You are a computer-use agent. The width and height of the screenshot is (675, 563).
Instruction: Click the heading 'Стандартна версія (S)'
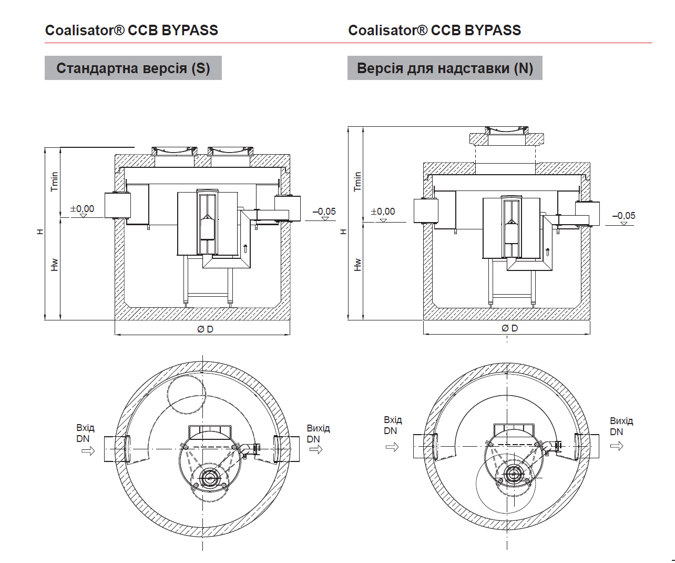point(133,68)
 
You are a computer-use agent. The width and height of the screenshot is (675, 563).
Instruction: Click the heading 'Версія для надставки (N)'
point(445,68)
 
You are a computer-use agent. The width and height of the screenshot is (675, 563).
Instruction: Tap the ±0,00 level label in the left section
point(83,209)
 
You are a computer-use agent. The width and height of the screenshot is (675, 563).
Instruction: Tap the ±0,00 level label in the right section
point(383,212)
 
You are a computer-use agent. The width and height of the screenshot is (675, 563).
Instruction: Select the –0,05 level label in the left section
point(324,212)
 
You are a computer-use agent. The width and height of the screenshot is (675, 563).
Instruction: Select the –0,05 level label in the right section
point(623,216)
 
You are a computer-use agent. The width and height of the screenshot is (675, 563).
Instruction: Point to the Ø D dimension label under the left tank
point(205,329)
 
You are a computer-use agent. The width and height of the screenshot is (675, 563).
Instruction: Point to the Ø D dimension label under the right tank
point(509,328)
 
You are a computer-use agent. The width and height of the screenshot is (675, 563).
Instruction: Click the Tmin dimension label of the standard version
point(55,182)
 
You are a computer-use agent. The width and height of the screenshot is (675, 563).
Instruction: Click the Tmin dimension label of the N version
point(358,182)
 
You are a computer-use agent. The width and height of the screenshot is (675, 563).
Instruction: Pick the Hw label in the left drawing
point(55,265)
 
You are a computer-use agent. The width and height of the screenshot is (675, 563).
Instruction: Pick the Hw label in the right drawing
point(358,264)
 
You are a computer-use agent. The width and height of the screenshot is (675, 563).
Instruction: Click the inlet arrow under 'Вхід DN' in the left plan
point(88,450)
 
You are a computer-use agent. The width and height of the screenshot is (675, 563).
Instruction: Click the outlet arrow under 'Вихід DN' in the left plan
point(316,449)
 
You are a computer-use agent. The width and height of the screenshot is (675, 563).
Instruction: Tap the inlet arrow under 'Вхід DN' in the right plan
point(392,447)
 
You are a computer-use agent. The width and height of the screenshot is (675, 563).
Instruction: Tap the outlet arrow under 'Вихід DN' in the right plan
point(617,446)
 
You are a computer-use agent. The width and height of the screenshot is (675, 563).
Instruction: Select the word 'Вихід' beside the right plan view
point(621,421)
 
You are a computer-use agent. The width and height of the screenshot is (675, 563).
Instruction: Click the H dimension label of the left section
point(40,232)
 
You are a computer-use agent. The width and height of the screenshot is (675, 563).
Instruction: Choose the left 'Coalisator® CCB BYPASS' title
point(131,31)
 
